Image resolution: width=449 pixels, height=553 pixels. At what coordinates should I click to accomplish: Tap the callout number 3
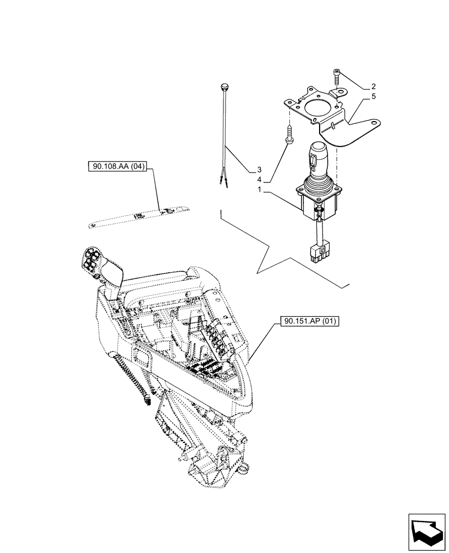pyautogui.click(x=259, y=169)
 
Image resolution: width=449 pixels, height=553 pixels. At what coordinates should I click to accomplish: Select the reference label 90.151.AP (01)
pyautogui.click(x=305, y=321)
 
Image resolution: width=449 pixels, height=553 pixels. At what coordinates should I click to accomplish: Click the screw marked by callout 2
pyautogui.click(x=337, y=76)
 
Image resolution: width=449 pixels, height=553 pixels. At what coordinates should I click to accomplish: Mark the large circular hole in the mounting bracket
pyautogui.click(x=317, y=108)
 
